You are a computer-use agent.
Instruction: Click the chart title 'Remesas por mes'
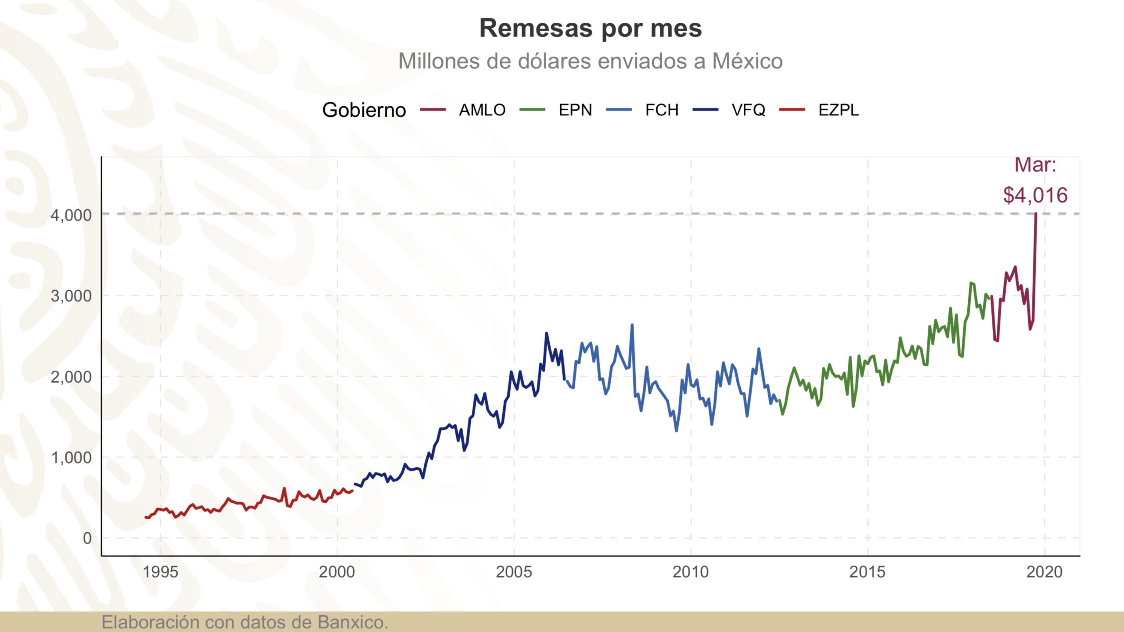pos(590,28)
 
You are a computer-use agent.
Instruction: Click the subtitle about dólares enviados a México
pos(590,61)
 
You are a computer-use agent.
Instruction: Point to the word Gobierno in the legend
pos(364,110)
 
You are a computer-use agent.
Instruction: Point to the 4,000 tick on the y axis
pos(71,215)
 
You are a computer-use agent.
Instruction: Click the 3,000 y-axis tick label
pos(71,296)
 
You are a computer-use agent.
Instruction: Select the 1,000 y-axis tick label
pos(71,457)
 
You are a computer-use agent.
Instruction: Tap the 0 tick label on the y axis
pos(87,538)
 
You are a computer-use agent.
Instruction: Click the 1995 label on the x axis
pos(160,572)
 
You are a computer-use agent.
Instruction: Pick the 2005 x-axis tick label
pos(514,572)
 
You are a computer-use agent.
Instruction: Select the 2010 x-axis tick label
pos(691,572)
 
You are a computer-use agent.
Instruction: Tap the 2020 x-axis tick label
pos(1044,572)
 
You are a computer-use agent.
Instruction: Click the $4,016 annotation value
pos(1035,195)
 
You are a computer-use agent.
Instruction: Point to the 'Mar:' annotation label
pos(1035,165)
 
